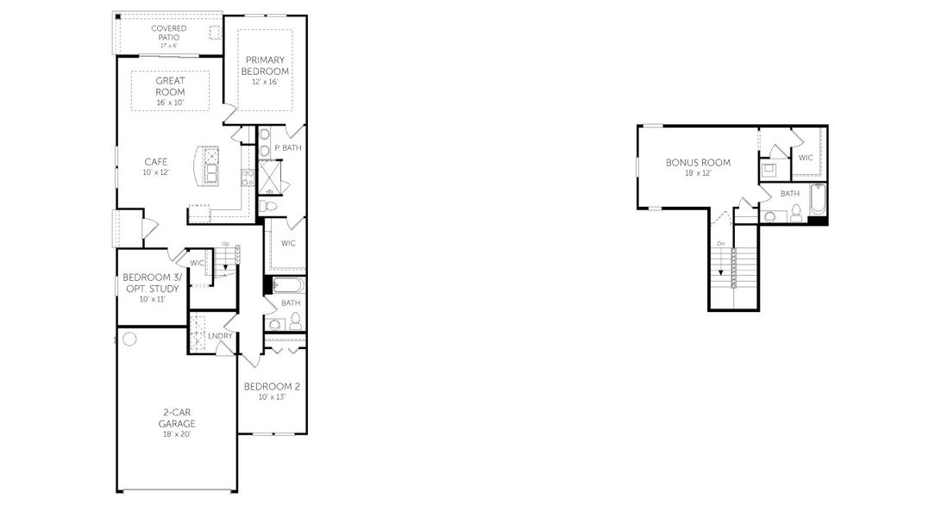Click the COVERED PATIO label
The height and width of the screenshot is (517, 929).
(168, 33)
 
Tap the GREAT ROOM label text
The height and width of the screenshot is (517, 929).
(170, 86)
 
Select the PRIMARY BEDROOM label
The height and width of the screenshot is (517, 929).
(266, 65)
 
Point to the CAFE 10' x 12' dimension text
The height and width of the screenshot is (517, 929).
(156, 172)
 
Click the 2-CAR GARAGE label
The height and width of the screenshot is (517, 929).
(177, 418)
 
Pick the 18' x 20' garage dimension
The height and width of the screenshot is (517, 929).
(177, 434)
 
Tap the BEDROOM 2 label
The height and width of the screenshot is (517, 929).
(272, 386)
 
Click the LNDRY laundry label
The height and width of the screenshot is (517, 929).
(220, 336)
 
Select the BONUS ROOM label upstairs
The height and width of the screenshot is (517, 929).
(698, 162)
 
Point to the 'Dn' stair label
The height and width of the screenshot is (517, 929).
(720, 243)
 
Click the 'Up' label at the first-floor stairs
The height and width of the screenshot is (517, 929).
(225, 245)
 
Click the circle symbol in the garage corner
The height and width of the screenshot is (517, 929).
(129, 339)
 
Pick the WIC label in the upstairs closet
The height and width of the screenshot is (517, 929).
(806, 158)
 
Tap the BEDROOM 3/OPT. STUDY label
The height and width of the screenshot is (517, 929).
(151, 283)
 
